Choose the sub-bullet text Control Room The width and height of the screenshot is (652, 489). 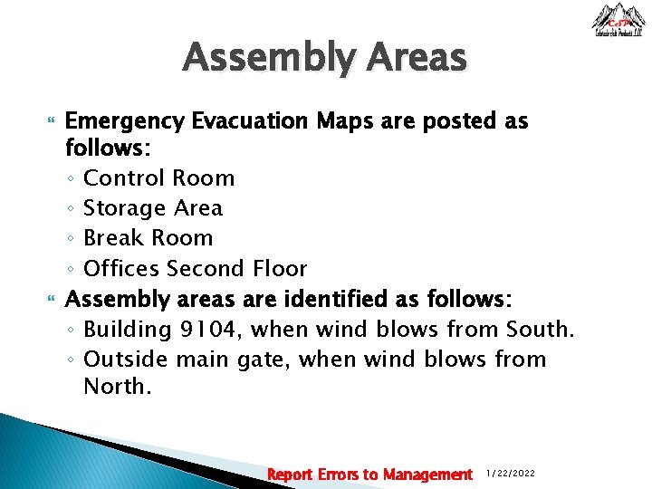click(x=158, y=178)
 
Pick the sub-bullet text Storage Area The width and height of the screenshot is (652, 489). click(x=152, y=208)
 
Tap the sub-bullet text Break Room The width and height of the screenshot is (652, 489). click(x=148, y=238)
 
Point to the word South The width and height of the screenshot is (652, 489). click(x=540, y=329)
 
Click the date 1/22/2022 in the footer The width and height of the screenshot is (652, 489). click(x=512, y=475)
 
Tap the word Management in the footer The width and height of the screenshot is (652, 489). click(x=427, y=475)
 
